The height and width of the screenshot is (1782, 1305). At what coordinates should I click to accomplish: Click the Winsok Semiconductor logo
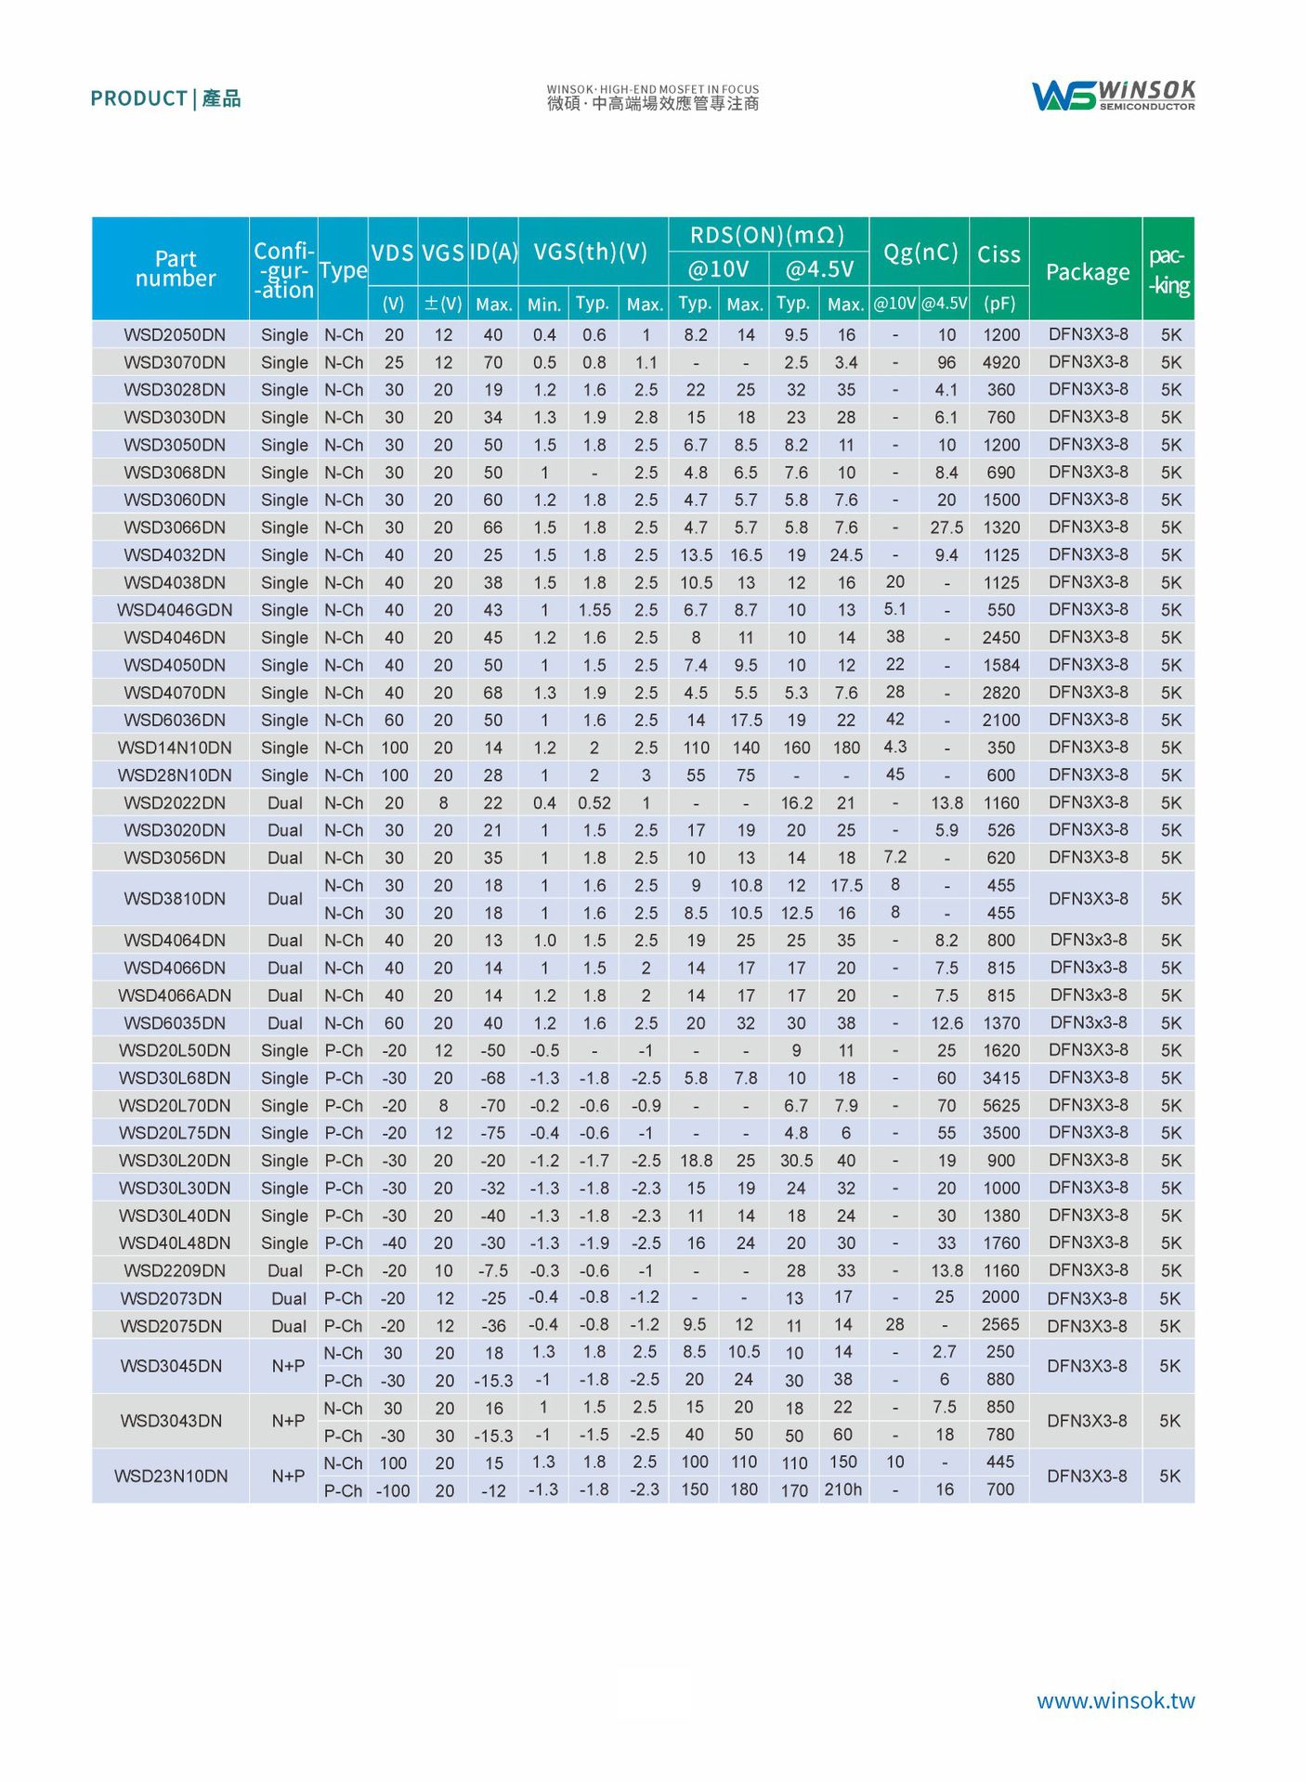point(1113,95)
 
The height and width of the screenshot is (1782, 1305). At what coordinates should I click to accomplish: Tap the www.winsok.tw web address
point(1115,1700)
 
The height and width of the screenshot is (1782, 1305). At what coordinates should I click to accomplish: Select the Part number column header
point(176,268)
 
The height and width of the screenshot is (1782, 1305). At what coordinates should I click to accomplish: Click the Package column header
point(1087,272)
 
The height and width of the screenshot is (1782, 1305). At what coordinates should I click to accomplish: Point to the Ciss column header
point(998,254)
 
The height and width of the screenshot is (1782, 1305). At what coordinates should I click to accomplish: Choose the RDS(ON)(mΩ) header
point(767,235)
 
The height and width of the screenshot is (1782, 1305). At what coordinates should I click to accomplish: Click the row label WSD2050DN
point(175,335)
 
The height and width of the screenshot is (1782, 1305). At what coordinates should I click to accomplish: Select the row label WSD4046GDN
point(175,610)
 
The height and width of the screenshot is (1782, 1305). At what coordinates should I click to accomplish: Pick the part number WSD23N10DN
point(171,1476)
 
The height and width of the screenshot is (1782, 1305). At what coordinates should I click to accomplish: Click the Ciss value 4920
point(1000,362)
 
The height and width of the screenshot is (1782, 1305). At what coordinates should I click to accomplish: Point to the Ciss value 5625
point(1000,1105)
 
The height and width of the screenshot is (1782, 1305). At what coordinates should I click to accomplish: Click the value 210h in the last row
point(842,1489)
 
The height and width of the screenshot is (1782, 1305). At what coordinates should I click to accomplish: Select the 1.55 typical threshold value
point(594,610)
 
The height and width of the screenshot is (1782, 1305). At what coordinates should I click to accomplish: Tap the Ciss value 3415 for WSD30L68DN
point(1000,1078)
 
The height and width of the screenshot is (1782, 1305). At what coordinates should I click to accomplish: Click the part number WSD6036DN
point(175,720)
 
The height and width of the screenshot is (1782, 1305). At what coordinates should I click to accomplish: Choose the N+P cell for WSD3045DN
point(288,1366)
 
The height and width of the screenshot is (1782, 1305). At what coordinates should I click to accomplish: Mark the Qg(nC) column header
point(920,253)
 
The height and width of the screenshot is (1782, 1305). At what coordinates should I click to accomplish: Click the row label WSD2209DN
point(175,1270)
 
